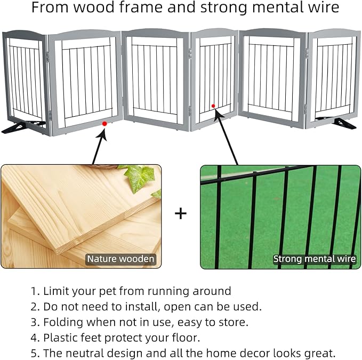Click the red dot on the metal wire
coord(213,106)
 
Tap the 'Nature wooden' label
coord(122,259)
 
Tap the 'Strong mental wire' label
coord(314,259)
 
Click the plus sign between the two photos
coord(181,214)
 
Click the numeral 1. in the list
coord(35,291)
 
